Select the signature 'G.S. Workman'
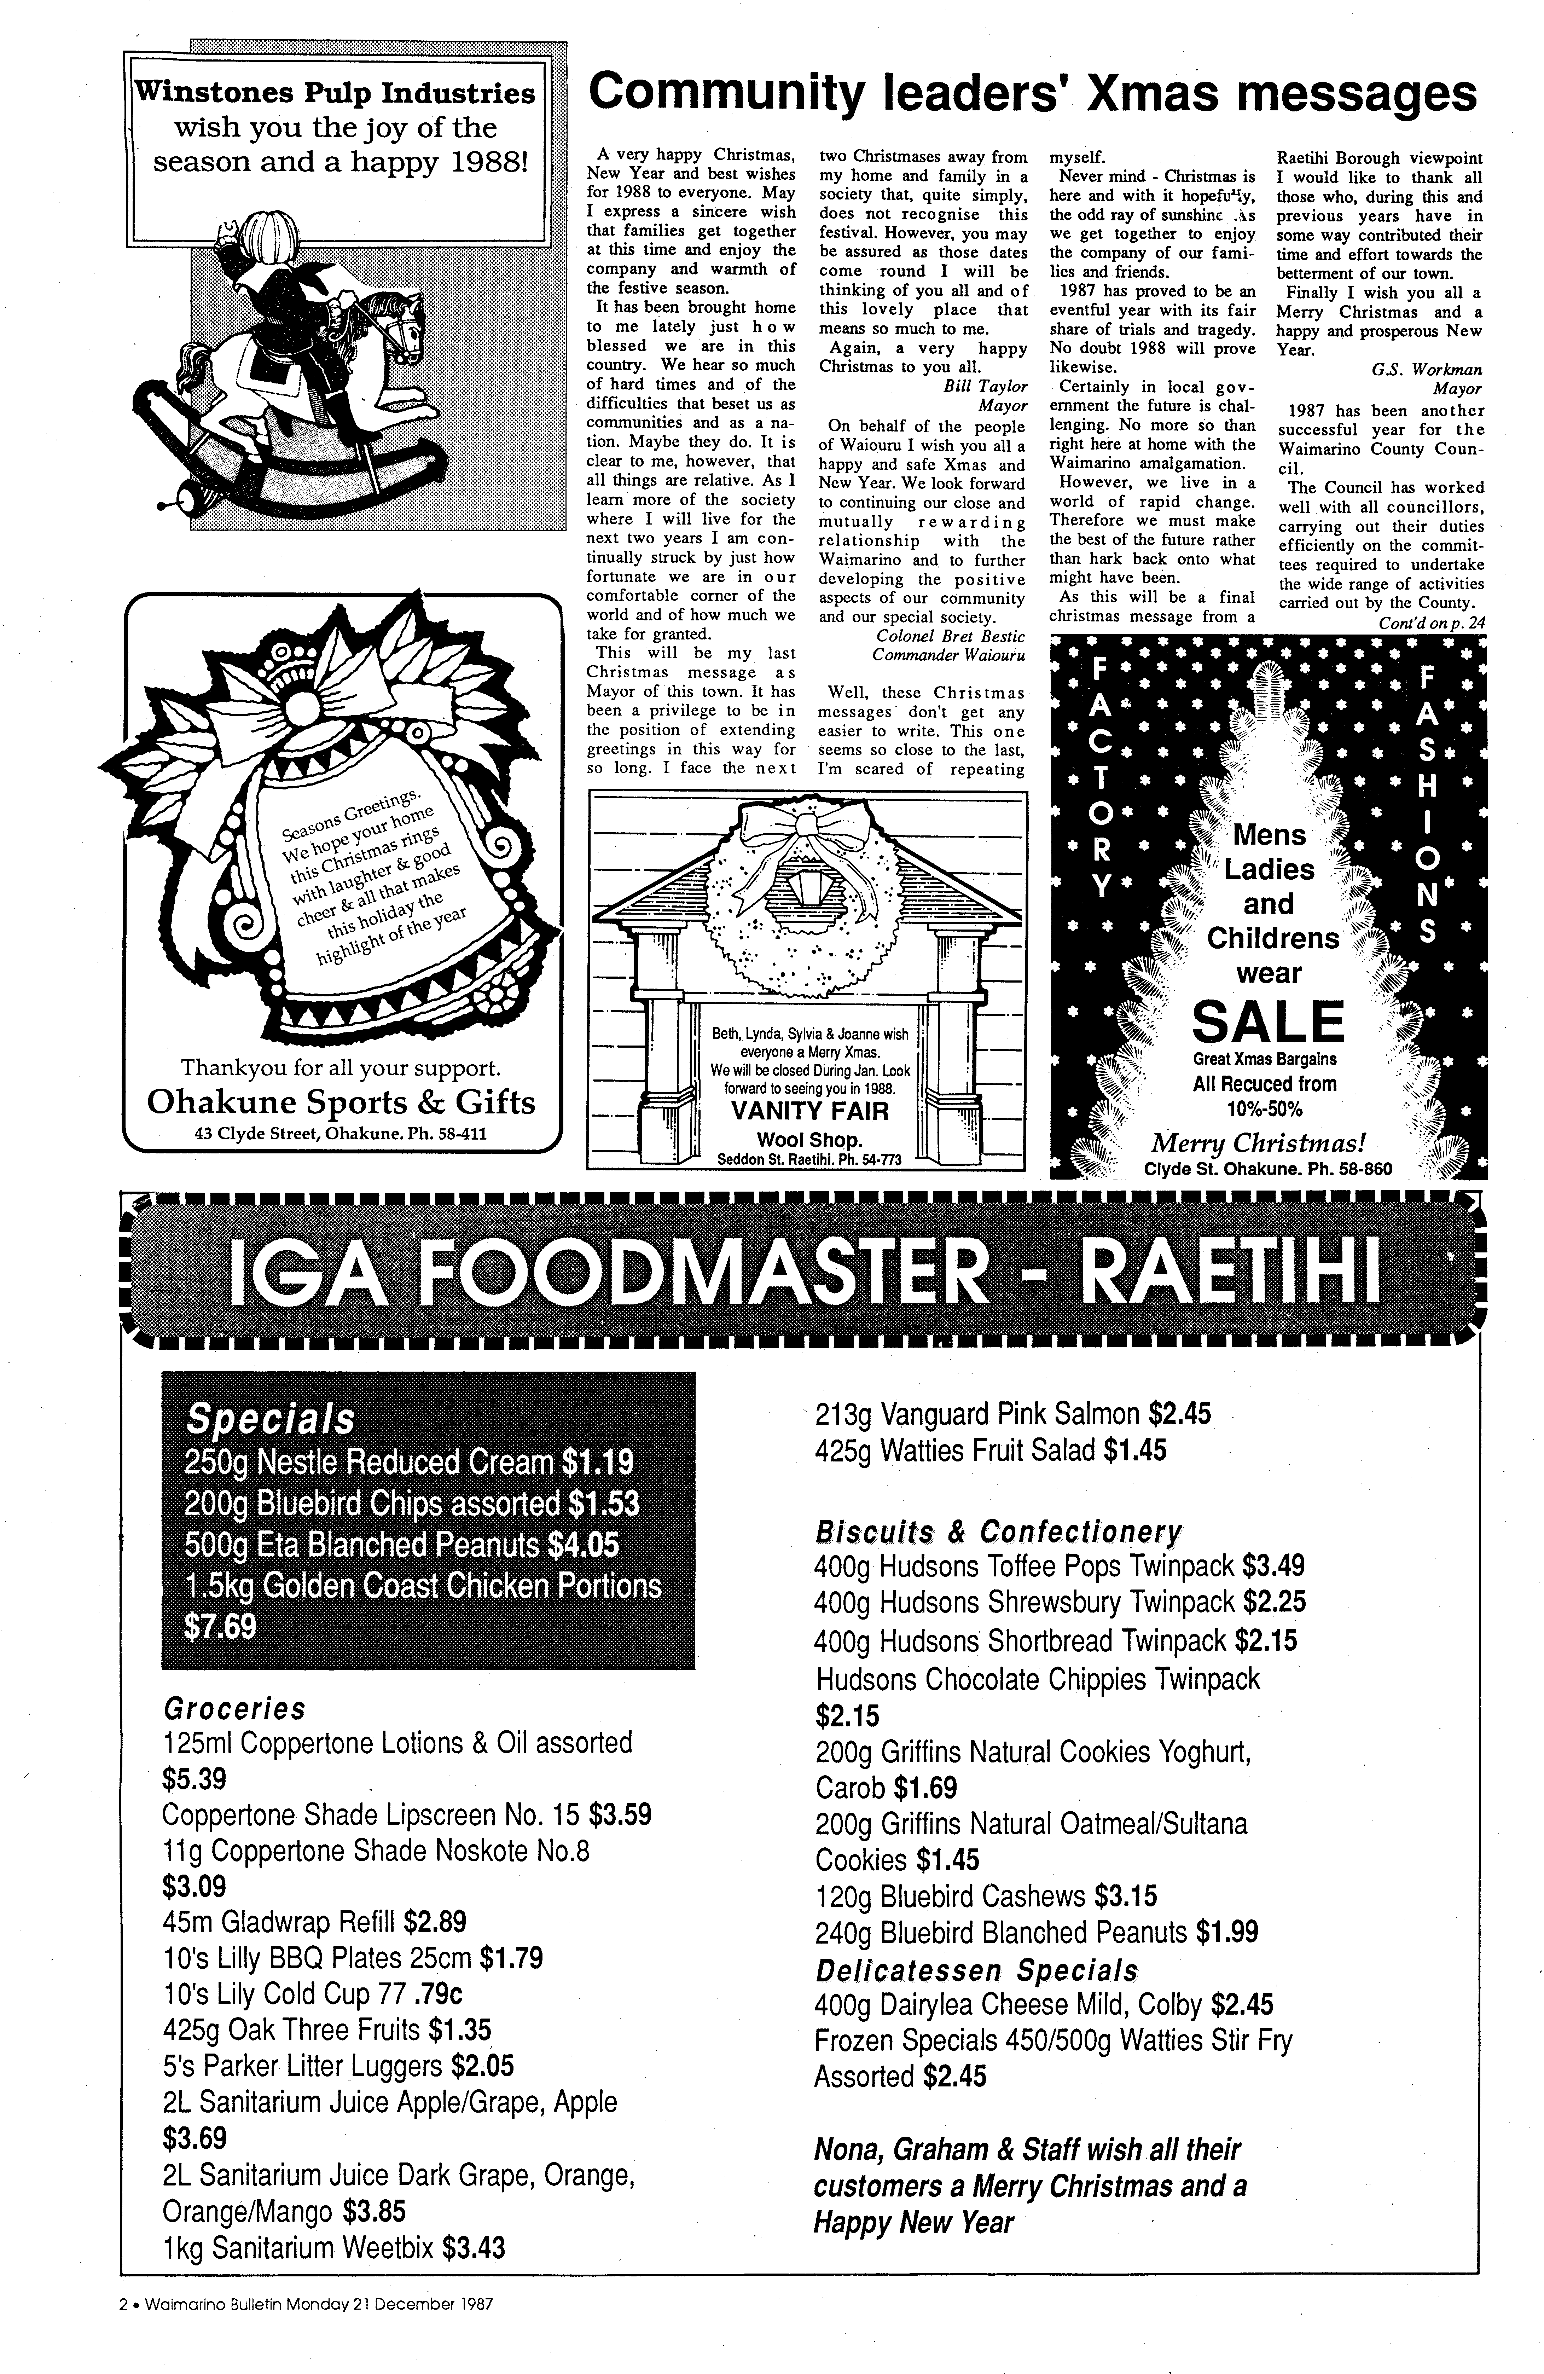tap(1426, 369)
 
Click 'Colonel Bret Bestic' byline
tap(950, 635)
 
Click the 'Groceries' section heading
tap(233, 1709)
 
